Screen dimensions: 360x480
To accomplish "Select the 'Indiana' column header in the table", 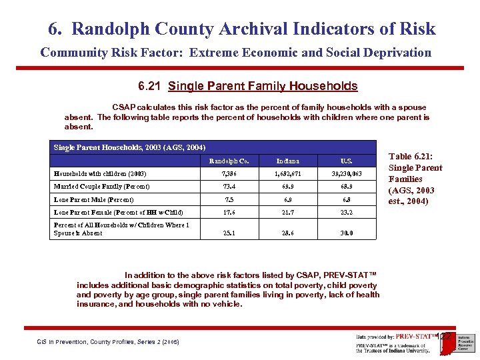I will pyautogui.click(x=289, y=161).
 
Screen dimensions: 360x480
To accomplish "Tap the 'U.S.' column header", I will pyautogui.click(x=346, y=161).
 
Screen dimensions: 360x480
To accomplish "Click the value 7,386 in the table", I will pyautogui.click(x=229, y=174).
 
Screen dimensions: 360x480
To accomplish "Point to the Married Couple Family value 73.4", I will pyautogui.click(x=229, y=187).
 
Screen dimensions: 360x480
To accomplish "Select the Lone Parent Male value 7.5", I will pyautogui.click(x=229, y=199).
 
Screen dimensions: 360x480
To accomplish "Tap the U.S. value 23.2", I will pyautogui.click(x=346, y=213).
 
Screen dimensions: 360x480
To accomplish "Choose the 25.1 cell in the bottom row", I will pyautogui.click(x=229, y=233).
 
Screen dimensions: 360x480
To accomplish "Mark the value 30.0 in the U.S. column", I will pyautogui.click(x=346, y=233).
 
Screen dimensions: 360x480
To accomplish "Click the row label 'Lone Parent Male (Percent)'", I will pyautogui.click(x=93, y=199).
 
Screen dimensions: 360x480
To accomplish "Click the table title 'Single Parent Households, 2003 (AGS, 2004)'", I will pyautogui.click(x=129, y=147).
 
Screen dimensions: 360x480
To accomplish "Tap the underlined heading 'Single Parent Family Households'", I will pyautogui.click(x=263, y=86).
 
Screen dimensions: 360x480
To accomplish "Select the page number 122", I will pyautogui.click(x=445, y=337).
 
